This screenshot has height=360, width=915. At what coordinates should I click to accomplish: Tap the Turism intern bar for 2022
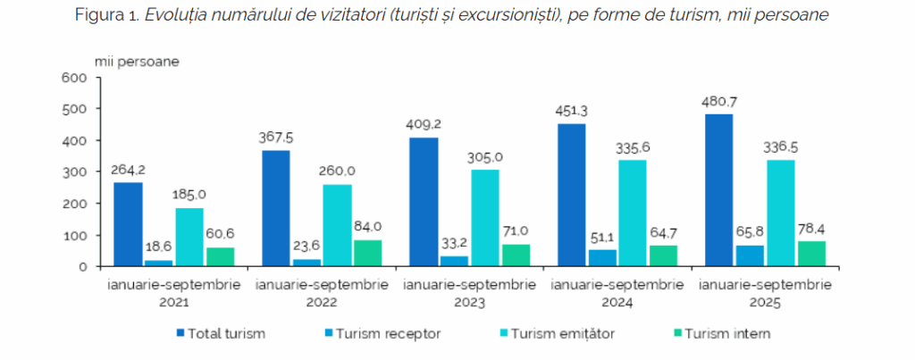pyautogui.click(x=366, y=253)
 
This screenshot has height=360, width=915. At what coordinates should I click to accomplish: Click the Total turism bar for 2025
pyautogui.click(x=718, y=190)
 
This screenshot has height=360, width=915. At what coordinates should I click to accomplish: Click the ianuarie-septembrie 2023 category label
pyautogui.click(x=469, y=293)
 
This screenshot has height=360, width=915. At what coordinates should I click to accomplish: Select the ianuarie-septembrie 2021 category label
pyautogui.click(x=173, y=293)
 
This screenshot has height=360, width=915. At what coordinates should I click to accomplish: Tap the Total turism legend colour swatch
pyautogui.click(x=181, y=334)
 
